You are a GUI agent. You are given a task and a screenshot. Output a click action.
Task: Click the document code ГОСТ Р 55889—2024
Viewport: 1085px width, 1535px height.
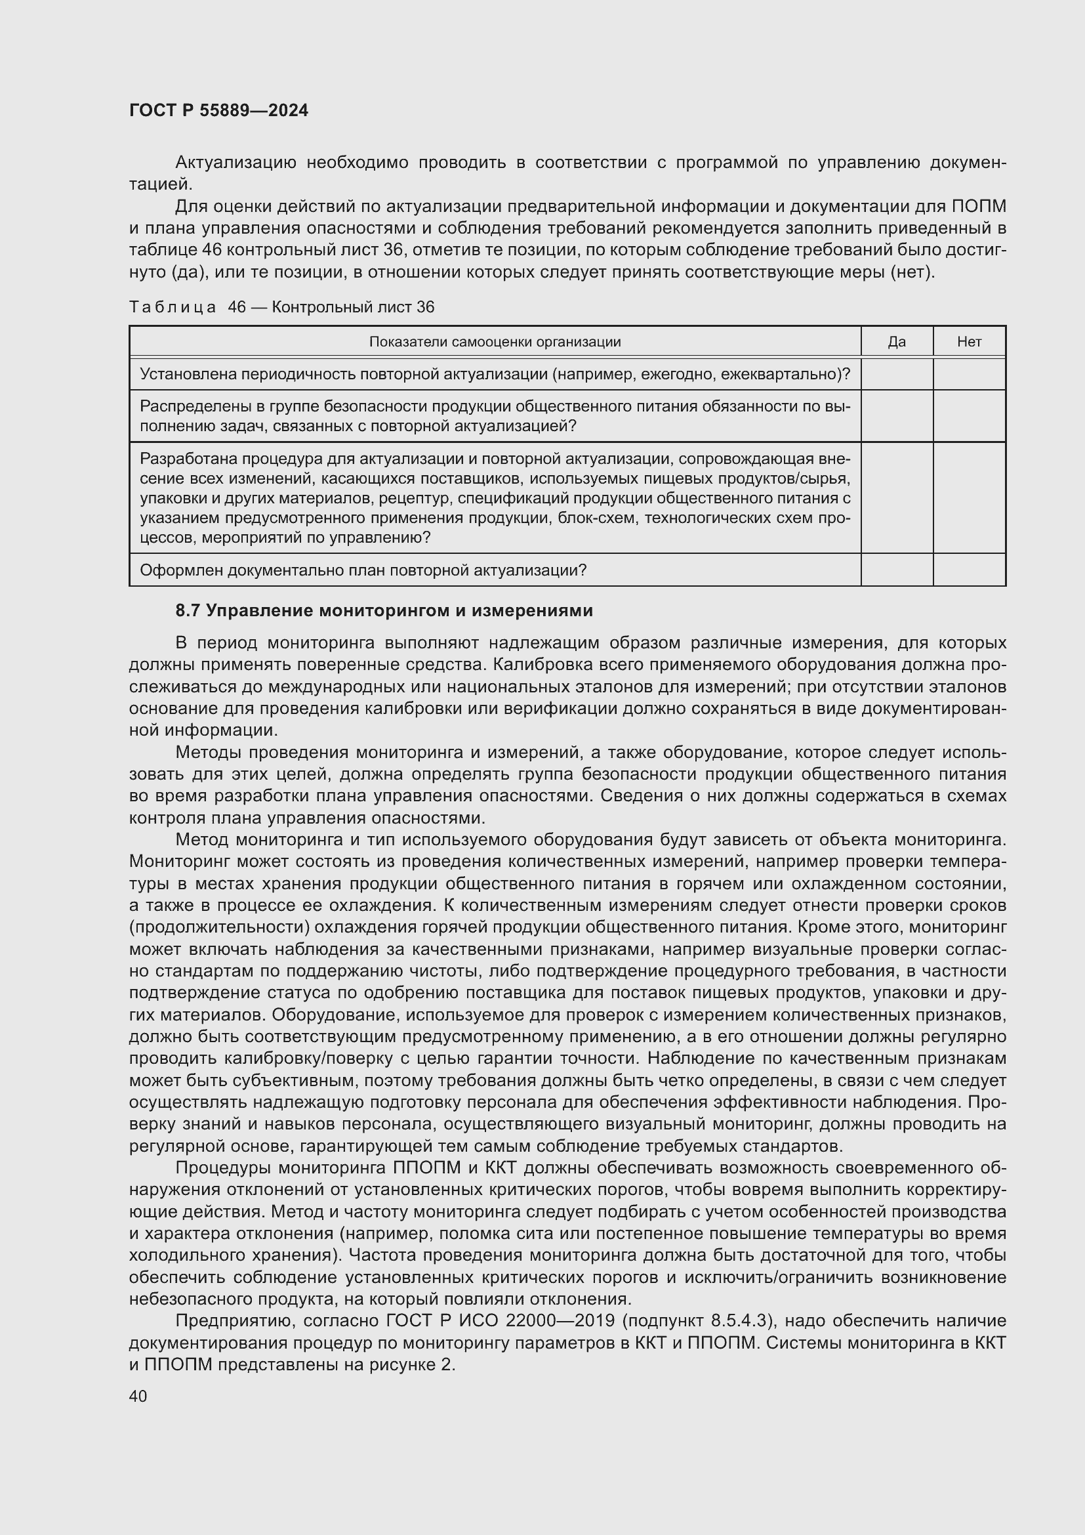(218, 110)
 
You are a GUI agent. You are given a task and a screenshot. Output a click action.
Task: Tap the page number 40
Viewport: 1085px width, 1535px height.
(138, 1396)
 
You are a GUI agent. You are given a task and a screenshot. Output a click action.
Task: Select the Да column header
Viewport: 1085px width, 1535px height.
(897, 342)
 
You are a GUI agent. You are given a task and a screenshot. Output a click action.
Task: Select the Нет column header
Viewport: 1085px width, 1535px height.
(969, 342)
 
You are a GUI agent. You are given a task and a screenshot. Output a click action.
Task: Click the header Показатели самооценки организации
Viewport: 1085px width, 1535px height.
(495, 342)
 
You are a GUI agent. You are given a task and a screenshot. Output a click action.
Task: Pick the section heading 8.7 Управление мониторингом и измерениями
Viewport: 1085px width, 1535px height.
(384, 610)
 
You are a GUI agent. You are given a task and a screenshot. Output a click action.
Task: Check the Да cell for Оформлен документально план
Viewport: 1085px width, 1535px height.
(897, 570)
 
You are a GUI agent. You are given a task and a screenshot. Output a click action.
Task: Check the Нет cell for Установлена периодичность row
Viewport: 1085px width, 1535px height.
(969, 373)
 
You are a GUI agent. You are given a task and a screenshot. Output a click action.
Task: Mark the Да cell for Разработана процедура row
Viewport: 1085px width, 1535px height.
(897, 497)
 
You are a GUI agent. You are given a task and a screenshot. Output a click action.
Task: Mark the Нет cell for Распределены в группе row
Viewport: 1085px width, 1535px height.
(969, 416)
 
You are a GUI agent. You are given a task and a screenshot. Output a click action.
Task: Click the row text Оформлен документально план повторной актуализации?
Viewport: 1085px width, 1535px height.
(363, 570)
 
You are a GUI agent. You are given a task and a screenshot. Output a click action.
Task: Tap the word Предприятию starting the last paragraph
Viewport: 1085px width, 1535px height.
(233, 1321)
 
